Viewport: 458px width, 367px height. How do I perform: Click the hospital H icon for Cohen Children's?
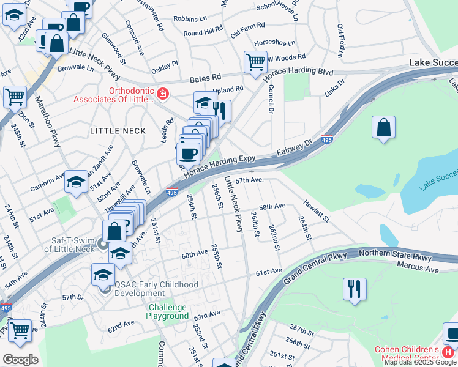tap(448, 352)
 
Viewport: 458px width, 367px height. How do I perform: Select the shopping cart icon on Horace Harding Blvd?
tap(254, 61)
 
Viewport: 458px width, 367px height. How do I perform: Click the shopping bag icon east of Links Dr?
tap(383, 127)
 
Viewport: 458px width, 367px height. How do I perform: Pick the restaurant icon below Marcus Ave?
tap(355, 289)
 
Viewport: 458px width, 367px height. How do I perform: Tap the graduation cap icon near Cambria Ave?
tap(77, 182)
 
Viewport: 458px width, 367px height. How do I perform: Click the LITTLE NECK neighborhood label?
tap(118, 131)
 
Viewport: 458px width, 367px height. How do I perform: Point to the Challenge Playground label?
tap(167, 311)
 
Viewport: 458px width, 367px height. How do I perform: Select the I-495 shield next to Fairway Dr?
tap(328, 139)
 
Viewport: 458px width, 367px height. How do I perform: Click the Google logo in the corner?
tap(20, 359)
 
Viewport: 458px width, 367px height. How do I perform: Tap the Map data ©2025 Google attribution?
tap(419, 362)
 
